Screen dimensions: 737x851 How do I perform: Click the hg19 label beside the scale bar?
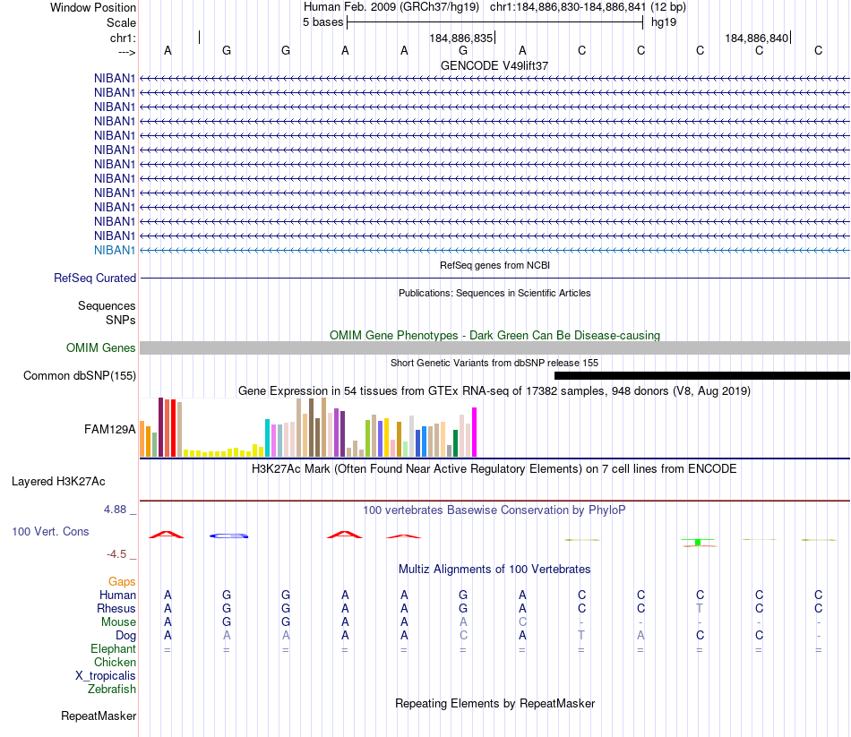coord(664,22)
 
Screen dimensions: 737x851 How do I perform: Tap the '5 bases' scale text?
coord(322,22)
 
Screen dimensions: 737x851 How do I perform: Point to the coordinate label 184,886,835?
coord(461,39)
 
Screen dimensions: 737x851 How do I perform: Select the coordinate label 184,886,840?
coord(757,39)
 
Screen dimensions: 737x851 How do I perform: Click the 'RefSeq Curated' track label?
coord(95,279)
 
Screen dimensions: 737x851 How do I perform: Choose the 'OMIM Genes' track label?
coord(101,347)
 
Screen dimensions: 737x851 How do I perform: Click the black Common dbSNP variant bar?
coord(701,376)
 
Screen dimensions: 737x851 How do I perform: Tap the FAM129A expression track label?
coord(110,429)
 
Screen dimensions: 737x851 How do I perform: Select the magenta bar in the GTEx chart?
coord(475,433)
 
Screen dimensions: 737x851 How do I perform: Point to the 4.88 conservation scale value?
coord(120,510)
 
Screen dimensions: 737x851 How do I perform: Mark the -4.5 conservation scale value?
coord(122,554)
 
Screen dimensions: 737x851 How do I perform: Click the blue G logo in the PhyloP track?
coord(228,536)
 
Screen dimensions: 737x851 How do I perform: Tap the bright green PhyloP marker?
coord(698,542)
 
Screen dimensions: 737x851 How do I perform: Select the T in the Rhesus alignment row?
coord(700,609)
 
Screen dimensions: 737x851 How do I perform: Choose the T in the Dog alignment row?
coord(581,636)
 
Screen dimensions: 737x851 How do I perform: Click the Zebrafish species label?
coord(112,690)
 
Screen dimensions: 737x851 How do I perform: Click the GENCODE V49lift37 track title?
coord(494,65)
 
